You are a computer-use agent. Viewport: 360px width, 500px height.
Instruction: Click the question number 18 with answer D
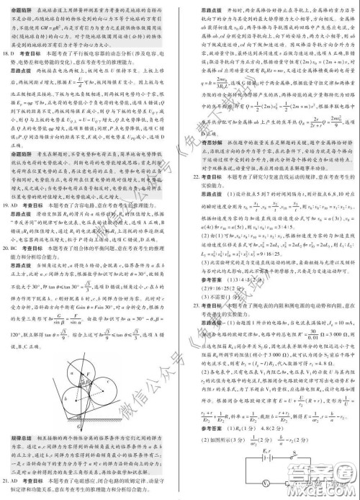click(x=6, y=54)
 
